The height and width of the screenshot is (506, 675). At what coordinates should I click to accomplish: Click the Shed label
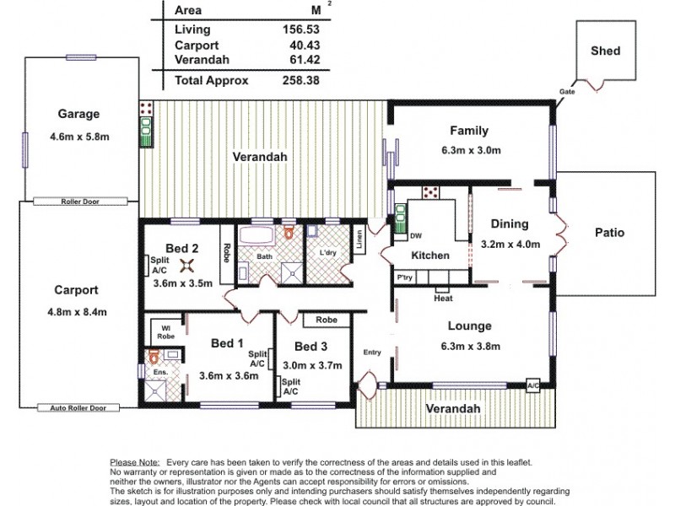pyautogui.click(x=606, y=51)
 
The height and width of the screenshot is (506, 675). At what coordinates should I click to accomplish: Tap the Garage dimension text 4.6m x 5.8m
pyautogui.click(x=79, y=135)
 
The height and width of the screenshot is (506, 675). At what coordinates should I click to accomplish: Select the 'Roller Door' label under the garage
pyautogui.click(x=80, y=202)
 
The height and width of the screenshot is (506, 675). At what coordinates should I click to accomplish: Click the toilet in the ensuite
pyautogui.click(x=154, y=358)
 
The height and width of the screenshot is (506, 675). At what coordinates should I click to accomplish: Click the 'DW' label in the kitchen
pyautogui.click(x=416, y=236)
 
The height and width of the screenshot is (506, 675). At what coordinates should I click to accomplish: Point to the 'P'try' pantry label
pyautogui.click(x=407, y=277)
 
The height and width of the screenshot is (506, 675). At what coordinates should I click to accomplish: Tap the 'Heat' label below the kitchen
pyautogui.click(x=443, y=298)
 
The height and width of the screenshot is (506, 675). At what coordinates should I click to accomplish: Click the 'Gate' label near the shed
pyautogui.click(x=567, y=91)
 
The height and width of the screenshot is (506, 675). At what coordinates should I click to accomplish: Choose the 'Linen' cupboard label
pyautogui.click(x=359, y=240)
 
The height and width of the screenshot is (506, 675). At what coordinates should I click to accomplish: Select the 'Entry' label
pyautogui.click(x=372, y=353)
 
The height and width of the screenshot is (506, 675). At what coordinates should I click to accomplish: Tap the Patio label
pyautogui.click(x=609, y=233)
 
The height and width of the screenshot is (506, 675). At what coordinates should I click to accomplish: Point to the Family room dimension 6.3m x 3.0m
pyautogui.click(x=469, y=150)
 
